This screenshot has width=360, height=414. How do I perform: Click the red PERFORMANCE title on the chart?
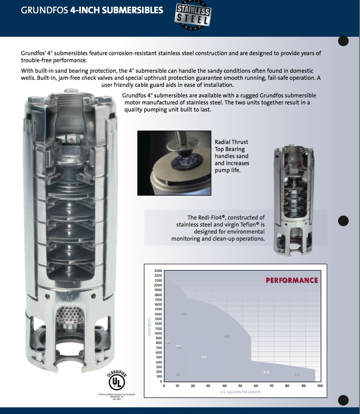pyautogui.click(x=292, y=280)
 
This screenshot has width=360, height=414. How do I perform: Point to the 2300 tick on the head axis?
pyautogui.click(x=157, y=271)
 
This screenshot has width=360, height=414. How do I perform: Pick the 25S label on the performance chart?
pyautogui.click(x=204, y=357)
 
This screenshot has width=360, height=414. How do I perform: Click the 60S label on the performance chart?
pyautogui.click(x=267, y=372)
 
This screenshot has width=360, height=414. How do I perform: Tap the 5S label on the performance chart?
pyautogui.click(x=168, y=342)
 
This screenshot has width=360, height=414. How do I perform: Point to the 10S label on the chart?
pyautogui.click(x=179, y=347)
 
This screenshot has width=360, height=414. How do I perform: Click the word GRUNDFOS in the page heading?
pyautogui.click(x=44, y=10)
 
